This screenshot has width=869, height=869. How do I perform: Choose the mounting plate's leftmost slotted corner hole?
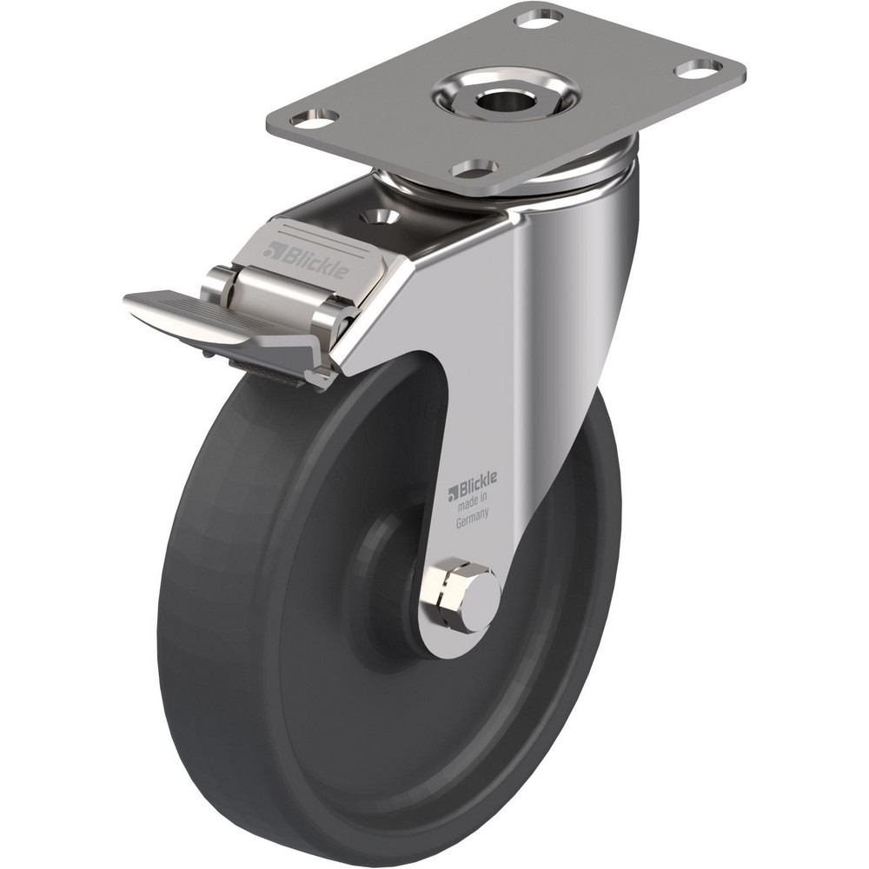click(315, 116)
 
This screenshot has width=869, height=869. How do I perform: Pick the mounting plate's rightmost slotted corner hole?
click(698, 65)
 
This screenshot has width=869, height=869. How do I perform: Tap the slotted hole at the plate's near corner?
click(475, 167)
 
